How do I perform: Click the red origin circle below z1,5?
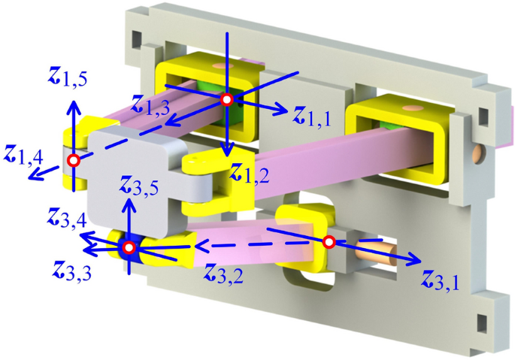[x=73, y=160]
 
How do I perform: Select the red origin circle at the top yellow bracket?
[x=226, y=99]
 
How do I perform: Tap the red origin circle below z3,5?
[x=129, y=247]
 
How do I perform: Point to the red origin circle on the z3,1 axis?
[x=329, y=242]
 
